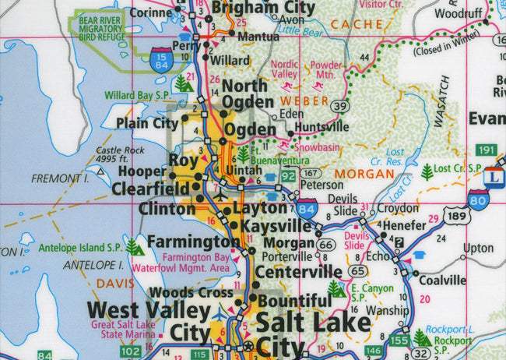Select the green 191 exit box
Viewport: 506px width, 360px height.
click(487, 150)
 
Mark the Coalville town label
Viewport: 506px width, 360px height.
click(441, 281)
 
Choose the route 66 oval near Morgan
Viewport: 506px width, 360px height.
click(327, 245)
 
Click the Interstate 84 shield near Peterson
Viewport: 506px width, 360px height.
click(306, 208)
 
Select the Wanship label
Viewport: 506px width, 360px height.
click(382, 309)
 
